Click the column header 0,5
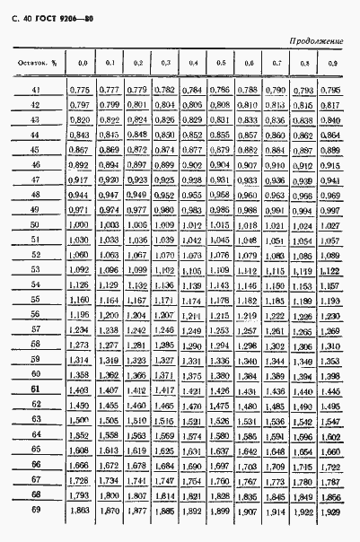pyautogui.click(x=220, y=63)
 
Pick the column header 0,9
pyautogui.click(x=332, y=63)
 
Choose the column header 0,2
pyautogui.click(x=136, y=63)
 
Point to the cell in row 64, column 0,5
pyautogui.click(x=220, y=434)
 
